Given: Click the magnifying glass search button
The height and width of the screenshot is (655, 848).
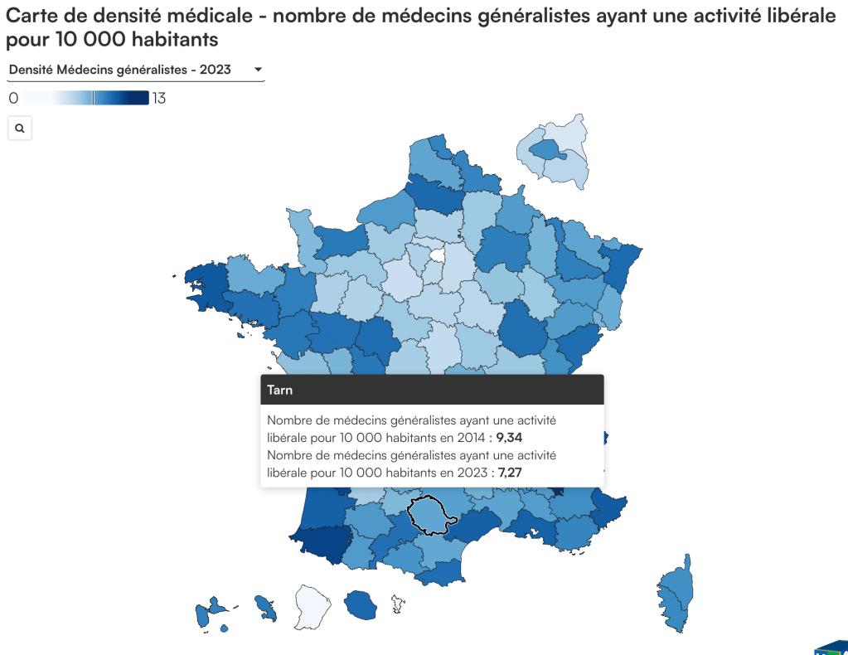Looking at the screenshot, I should pyautogui.click(x=19, y=129).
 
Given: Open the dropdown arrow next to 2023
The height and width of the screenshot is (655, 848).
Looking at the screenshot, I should pyautogui.click(x=258, y=70).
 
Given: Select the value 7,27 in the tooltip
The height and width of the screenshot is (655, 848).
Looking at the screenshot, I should pyautogui.click(x=509, y=473).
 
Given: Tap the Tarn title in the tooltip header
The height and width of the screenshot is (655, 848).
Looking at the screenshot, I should pyautogui.click(x=279, y=389).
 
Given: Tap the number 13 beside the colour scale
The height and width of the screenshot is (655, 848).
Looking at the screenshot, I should pyautogui.click(x=159, y=99).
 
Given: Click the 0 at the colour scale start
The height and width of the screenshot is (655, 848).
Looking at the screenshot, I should pyautogui.click(x=12, y=99).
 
